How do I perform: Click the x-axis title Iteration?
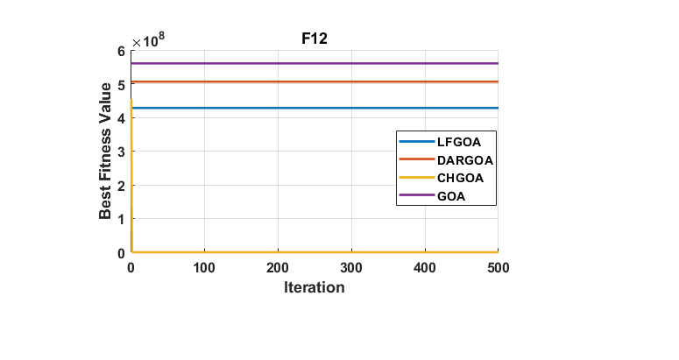[314, 287]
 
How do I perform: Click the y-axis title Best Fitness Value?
[106, 151]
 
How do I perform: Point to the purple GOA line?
[263, 63]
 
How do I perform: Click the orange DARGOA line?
[263, 81]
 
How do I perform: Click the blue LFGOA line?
[263, 108]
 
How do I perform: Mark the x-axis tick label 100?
[204, 267]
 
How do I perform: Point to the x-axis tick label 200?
[278, 267]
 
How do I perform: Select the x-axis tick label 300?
[351, 267]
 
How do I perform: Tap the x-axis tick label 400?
[425, 267]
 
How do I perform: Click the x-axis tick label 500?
[497, 267]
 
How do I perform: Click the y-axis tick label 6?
[122, 51]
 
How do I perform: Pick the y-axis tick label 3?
[122, 152]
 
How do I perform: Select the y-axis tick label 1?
[122, 219]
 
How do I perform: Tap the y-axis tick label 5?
[122, 84]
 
